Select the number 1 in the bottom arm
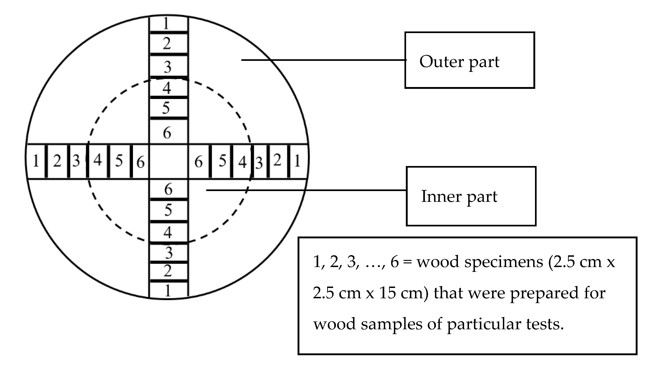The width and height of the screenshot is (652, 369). coord(168,290)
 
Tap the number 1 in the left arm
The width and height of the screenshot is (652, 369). coord(36,161)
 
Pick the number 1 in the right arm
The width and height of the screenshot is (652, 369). coord(297,161)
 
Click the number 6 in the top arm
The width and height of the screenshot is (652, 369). coord(167,133)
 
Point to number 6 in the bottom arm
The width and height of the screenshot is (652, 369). coord(168,189)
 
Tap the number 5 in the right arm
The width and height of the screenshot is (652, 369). coord(222,161)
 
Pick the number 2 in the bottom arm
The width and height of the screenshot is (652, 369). coord(168,271)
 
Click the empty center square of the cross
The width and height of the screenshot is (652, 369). coord(169,162)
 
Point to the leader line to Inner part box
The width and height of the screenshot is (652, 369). coord(304,190)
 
